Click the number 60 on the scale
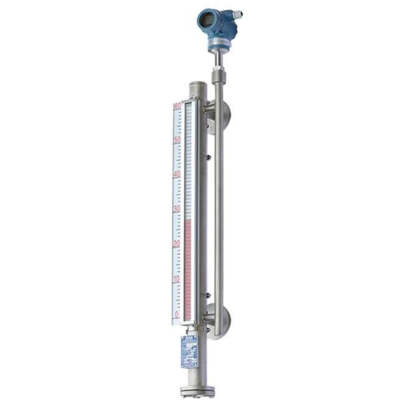178,106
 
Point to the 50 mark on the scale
178,140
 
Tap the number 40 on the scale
177,174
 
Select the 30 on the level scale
177,209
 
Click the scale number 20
177,244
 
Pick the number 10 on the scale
177,279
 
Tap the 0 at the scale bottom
178,315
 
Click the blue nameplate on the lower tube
189,351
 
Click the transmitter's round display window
205,21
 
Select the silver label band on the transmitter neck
219,42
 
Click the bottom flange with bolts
197,392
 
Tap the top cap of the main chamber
197,84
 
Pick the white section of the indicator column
189,162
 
